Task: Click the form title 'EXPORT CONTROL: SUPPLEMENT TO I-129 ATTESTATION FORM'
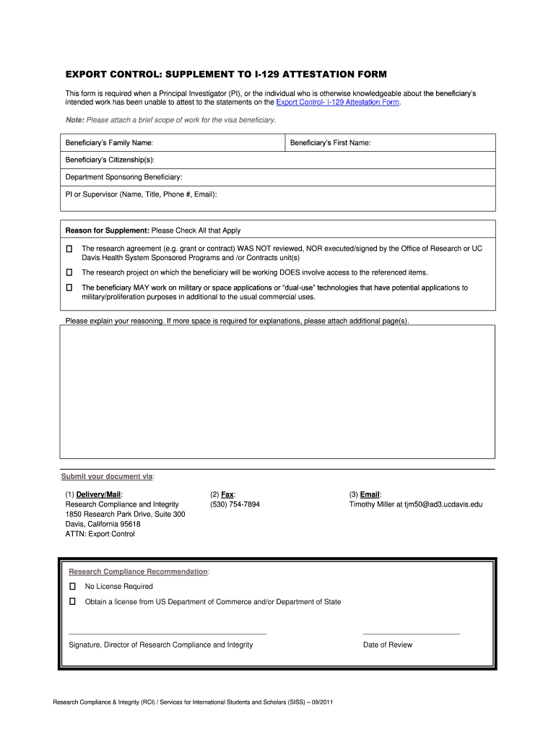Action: (226, 74)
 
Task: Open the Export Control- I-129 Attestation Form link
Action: (333, 103)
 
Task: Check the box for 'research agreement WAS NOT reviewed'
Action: (70, 249)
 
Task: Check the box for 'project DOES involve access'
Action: (70, 272)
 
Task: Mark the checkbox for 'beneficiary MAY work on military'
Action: (70, 288)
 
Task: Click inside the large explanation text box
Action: (278, 391)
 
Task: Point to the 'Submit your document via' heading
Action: (108, 477)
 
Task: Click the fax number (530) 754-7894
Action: (235, 504)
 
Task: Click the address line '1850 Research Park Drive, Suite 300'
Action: (126, 515)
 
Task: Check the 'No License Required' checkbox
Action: (73, 586)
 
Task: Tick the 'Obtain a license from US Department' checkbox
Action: (73, 601)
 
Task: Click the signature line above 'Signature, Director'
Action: (168, 633)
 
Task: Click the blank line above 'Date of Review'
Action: (411, 633)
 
